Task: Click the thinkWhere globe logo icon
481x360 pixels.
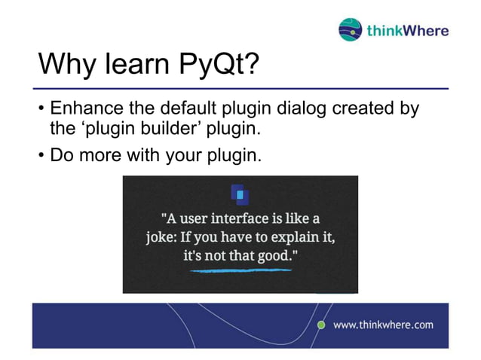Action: point(351,29)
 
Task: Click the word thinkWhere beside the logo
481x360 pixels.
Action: point(407,30)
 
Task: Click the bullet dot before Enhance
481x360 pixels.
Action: point(41,110)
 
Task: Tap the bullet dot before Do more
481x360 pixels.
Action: point(41,157)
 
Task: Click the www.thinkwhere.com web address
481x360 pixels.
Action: point(383,325)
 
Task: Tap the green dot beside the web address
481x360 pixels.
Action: point(320,325)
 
